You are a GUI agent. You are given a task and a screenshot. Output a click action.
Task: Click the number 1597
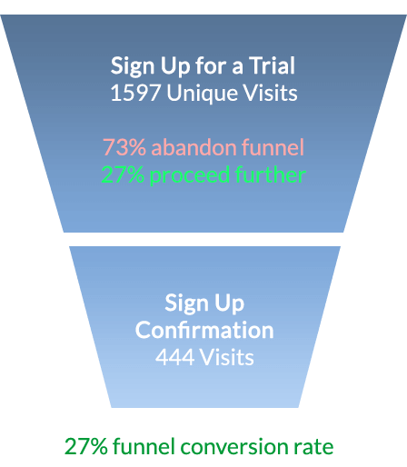pyautogui.click(x=135, y=93)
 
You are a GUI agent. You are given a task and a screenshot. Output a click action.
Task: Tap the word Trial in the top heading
pyautogui.click(x=272, y=65)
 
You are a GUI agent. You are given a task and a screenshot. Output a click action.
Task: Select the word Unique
pyautogui.click(x=203, y=94)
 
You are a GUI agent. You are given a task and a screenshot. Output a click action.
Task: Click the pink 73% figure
pyautogui.click(x=124, y=147)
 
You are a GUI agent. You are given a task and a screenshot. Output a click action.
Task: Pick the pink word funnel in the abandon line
pyautogui.click(x=273, y=147)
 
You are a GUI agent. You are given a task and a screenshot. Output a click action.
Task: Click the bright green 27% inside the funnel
pyautogui.click(x=123, y=174)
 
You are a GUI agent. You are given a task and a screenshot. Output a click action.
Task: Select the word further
pyautogui.click(x=270, y=174)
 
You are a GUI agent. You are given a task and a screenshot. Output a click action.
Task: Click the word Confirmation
pyautogui.click(x=204, y=330)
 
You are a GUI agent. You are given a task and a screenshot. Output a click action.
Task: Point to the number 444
pyautogui.click(x=175, y=357)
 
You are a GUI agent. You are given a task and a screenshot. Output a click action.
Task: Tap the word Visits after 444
pyautogui.click(x=227, y=357)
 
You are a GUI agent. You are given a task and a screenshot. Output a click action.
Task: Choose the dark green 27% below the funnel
pyautogui.click(x=86, y=446)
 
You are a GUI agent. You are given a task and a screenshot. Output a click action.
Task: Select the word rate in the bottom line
pyautogui.click(x=312, y=447)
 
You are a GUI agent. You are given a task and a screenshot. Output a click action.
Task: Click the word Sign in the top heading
pyautogui.click(x=133, y=66)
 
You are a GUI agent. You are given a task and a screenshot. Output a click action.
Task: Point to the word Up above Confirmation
pyautogui.click(x=229, y=303)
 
